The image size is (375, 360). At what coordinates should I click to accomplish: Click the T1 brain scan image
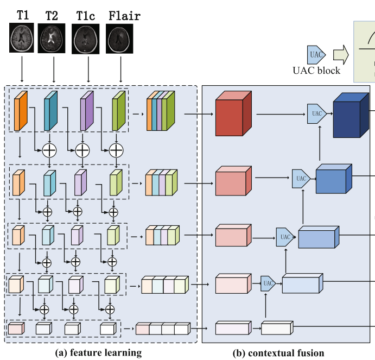[x=22, y=38]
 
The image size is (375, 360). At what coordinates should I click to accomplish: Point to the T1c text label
[x=85, y=16]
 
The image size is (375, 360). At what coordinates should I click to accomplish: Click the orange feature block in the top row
[x=21, y=111]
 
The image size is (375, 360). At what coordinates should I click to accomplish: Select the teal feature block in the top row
[x=50, y=111]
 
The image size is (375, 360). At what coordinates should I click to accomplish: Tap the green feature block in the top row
[x=119, y=111]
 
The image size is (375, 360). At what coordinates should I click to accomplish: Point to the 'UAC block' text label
[x=316, y=70]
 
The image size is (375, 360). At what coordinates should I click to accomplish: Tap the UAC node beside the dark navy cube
[x=316, y=113]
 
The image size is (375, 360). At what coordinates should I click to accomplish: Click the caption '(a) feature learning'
[x=99, y=353]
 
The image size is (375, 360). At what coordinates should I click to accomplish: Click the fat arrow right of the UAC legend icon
[x=341, y=54]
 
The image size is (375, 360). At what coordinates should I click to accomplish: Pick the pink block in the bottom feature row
[x=16, y=329]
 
